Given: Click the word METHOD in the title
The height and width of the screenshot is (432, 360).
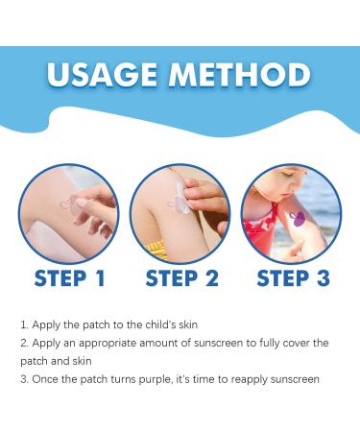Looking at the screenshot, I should [242, 75].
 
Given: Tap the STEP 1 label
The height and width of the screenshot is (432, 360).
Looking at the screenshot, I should [68, 278].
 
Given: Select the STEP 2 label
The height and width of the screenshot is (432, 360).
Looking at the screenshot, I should [180, 278].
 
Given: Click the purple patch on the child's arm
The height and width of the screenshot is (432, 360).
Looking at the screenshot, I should [299, 219].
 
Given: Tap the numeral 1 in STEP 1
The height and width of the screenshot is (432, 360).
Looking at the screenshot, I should [99, 278].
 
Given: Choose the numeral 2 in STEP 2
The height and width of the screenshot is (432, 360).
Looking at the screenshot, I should [212, 278].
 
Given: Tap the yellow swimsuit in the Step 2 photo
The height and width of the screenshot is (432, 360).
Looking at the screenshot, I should [156, 249].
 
